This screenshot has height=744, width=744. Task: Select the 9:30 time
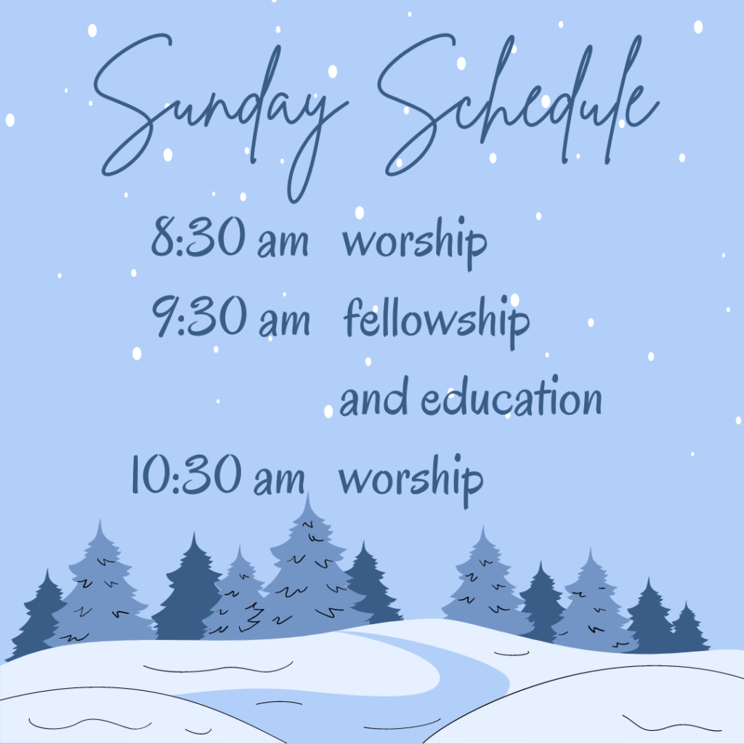point(199,315)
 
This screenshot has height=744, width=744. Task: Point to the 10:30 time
point(186,474)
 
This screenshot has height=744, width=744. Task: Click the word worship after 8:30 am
point(415,243)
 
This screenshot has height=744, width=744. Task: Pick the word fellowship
point(437,322)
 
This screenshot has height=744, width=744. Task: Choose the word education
point(511,397)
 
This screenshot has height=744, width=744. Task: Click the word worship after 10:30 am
point(411,480)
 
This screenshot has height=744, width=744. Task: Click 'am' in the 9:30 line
point(284,321)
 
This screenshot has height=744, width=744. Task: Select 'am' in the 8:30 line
point(283,242)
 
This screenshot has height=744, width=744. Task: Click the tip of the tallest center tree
point(308,493)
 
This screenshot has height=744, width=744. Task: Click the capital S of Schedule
point(418,105)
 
